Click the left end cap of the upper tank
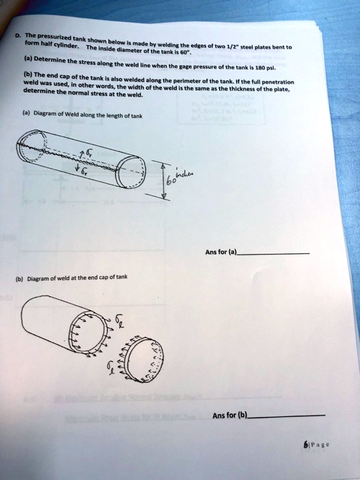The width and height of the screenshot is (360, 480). pyautogui.click(x=32, y=146)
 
